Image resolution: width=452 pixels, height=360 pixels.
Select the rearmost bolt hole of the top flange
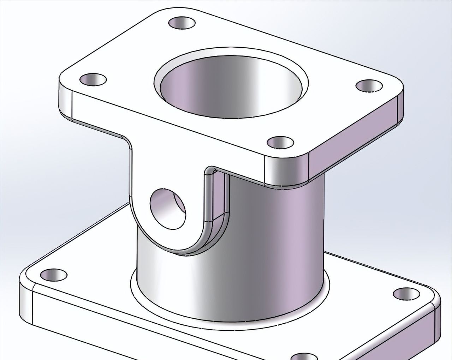(182, 23)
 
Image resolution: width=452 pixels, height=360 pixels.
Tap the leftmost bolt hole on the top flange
(93, 79)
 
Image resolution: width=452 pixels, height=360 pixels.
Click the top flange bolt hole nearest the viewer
(280, 143)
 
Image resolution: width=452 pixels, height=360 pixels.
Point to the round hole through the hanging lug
(168, 209)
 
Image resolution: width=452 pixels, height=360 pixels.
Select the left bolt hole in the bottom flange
(53, 274)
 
